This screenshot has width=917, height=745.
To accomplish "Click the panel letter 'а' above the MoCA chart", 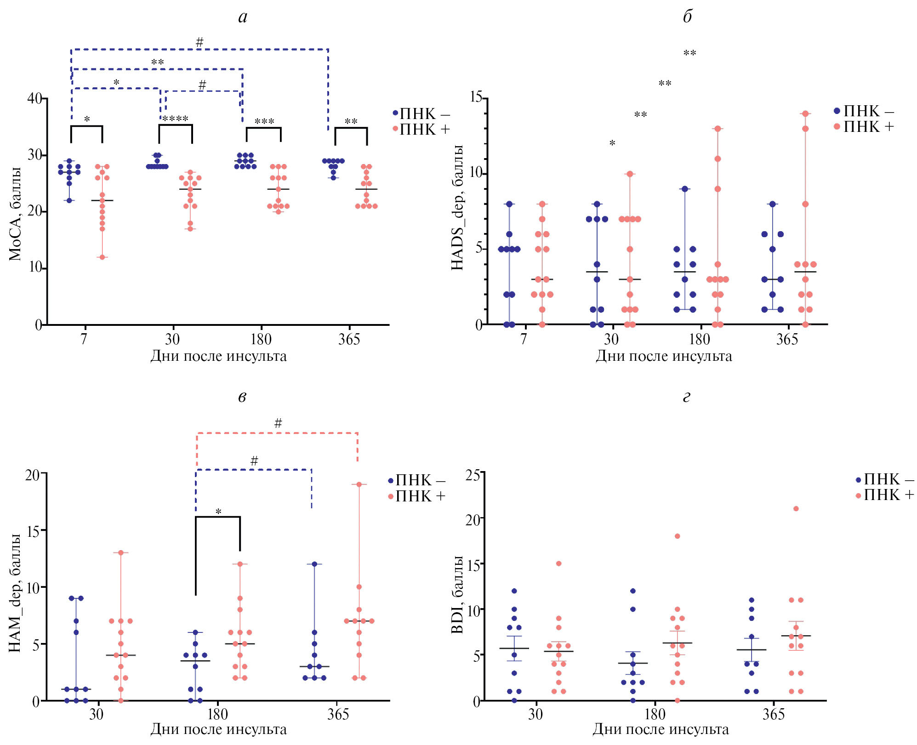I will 243,17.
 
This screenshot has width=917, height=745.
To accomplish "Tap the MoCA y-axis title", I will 15,214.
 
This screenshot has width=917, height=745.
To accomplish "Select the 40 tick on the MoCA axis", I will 35,98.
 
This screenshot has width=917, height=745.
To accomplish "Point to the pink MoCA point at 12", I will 102,257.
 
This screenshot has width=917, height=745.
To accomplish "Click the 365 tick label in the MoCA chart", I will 349,340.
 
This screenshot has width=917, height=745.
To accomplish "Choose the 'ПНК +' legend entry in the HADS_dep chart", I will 864,127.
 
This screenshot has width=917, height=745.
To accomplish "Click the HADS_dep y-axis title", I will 457,208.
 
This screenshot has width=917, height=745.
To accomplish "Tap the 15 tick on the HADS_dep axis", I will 476,97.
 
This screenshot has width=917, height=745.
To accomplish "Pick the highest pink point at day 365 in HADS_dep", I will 805,114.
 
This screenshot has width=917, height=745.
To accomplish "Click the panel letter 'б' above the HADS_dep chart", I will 687,17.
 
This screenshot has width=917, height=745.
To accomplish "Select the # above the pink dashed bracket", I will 278,423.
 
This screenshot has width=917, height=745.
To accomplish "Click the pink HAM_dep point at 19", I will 359,484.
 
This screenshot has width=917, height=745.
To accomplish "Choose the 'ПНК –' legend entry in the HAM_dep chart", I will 416,481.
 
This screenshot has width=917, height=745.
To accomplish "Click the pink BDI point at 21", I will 796,509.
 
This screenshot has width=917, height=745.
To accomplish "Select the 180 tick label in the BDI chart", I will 655,714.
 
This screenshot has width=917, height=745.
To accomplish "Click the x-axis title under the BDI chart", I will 661,729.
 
